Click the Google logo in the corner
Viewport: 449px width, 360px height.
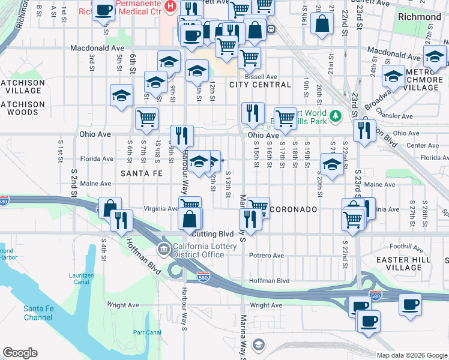click(x=20, y=352)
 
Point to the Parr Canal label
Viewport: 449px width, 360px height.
click(x=147, y=332)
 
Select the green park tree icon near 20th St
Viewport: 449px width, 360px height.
click(x=337, y=114)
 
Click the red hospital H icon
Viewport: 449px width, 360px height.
click(x=170, y=7)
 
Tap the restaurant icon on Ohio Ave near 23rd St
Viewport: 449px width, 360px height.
click(x=364, y=130)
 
